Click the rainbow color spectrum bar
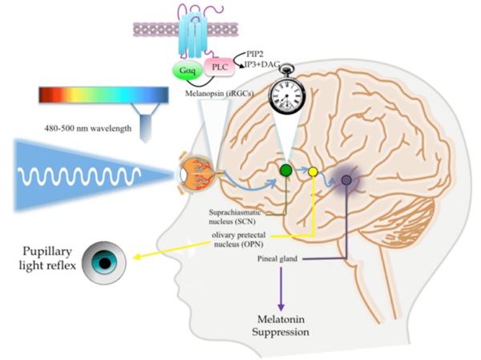[103, 95]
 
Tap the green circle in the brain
[285, 171]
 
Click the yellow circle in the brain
[313, 172]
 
